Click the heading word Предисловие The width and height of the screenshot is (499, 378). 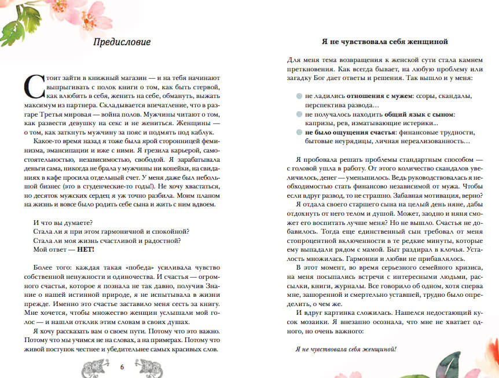(x=122, y=42)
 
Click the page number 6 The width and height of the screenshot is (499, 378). (x=122, y=366)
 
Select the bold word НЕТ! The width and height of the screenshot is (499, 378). (x=85, y=250)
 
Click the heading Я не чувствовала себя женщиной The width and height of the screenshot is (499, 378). (x=384, y=42)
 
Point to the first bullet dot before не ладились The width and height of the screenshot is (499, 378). (x=298, y=96)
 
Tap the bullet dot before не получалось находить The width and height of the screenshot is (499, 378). (x=298, y=115)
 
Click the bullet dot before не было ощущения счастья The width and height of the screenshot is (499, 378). (x=298, y=133)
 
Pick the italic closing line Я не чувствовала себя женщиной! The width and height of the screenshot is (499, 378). (x=346, y=350)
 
